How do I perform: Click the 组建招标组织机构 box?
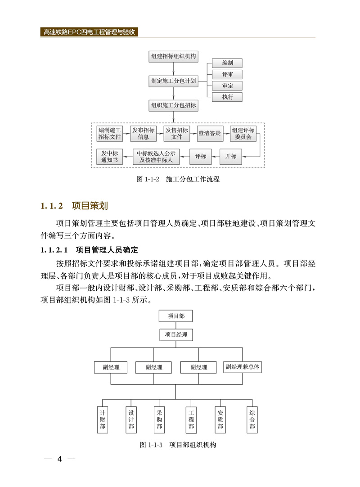point(173,57)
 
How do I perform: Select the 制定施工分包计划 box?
point(173,81)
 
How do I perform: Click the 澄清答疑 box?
point(209,134)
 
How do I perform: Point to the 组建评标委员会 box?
point(243,134)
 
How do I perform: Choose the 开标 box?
point(231,157)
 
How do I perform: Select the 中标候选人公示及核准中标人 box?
point(157,157)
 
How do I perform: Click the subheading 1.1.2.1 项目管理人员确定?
point(89,250)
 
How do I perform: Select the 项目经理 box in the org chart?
point(175,335)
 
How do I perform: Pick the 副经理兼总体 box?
point(243,367)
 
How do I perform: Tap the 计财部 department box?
point(103,420)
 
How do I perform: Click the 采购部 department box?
point(159,420)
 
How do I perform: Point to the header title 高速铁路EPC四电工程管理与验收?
point(90,32)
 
